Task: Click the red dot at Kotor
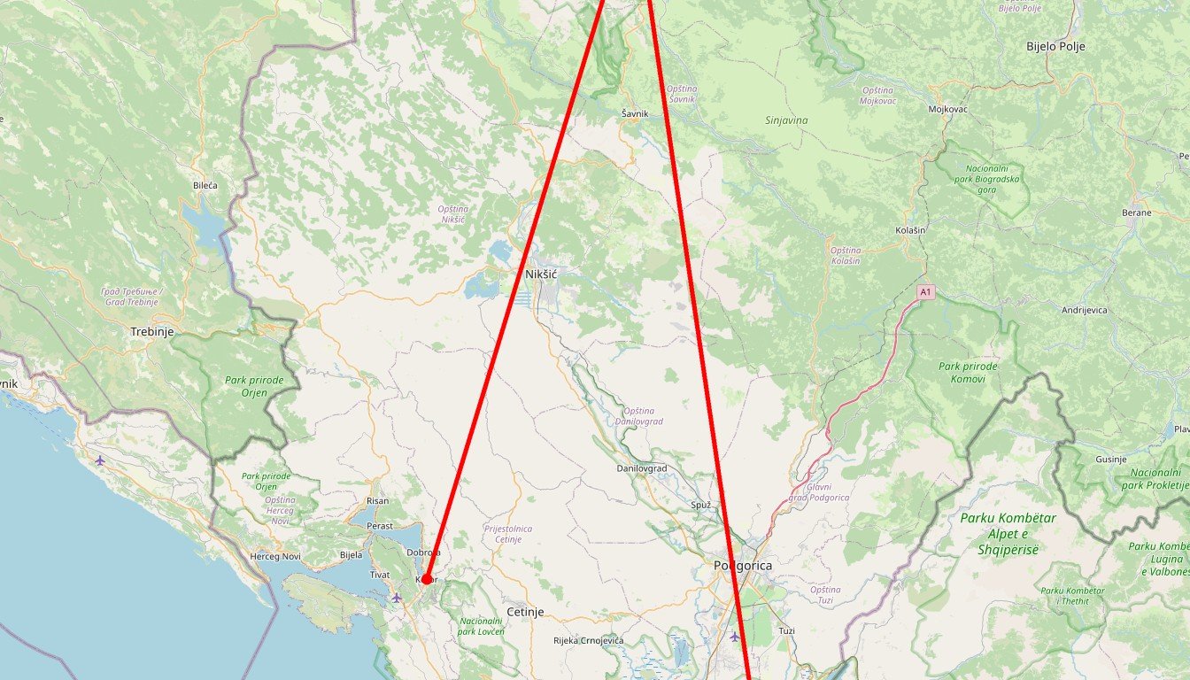(426, 579)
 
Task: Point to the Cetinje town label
(525, 612)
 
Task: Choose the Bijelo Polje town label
(1055, 46)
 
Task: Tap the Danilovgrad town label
(642, 467)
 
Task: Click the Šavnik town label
(635, 113)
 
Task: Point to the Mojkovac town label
(947, 109)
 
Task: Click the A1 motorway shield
(925, 291)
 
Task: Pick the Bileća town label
(205, 186)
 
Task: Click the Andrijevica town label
(1085, 310)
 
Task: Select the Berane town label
(1137, 212)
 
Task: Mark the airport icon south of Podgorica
(733, 636)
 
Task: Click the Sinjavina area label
(786, 120)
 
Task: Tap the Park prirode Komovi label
(968, 373)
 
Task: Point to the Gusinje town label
(1110, 459)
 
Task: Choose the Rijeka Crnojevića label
(588, 640)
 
